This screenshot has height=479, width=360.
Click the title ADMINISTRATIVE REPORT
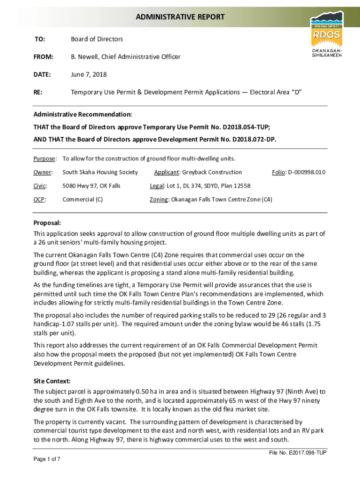coord(180,17)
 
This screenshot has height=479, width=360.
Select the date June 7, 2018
coord(88,74)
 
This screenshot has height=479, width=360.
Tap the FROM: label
coord(43,57)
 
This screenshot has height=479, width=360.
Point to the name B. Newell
coord(84,57)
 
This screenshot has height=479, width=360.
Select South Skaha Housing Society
coord(100,172)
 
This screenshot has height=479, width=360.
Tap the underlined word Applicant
coord(166,172)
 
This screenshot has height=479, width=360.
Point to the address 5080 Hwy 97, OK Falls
coord(91,186)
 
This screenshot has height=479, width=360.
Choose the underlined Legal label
coord(156,186)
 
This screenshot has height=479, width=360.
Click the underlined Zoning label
coord(159,199)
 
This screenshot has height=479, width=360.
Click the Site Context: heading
coord(52,381)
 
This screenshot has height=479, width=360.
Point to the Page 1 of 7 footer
coord(47,459)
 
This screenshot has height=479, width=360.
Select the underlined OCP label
coord(39,199)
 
